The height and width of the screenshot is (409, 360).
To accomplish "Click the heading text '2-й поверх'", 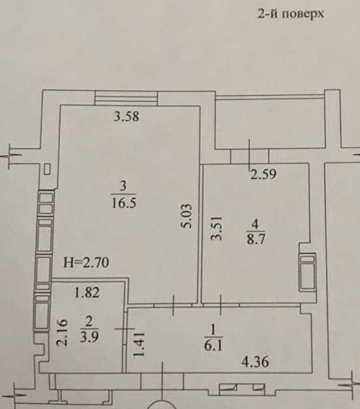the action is click(291, 13).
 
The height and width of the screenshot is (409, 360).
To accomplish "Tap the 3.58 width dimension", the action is click(127, 117).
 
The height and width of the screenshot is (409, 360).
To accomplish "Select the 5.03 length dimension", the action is click(187, 216).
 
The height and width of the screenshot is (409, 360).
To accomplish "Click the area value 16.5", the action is click(124, 203).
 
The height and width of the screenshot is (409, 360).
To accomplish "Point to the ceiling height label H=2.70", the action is click(86, 262).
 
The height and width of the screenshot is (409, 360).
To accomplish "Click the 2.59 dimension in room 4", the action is click(263, 174).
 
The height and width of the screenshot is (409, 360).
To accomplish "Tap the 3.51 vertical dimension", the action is click(217, 228).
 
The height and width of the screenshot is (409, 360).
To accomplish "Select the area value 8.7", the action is click(256, 239).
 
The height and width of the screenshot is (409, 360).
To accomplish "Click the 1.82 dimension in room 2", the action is click(87, 292).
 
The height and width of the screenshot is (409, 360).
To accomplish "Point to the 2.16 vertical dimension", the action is click(63, 333).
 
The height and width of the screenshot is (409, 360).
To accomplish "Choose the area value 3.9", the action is click(89, 337).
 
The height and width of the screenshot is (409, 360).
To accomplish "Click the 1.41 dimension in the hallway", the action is click(139, 344).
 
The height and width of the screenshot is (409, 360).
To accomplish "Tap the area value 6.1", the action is click(213, 346).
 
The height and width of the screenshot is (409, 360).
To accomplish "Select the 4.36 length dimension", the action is click(255, 363).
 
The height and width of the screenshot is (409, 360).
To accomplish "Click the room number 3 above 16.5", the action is click(124, 187).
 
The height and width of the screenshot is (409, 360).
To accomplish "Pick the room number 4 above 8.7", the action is click(256, 223).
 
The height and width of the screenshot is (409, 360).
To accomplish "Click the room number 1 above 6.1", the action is click(213, 330).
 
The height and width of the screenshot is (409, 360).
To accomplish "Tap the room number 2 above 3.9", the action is click(89, 322).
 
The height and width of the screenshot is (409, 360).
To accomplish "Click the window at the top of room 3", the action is click(126, 98).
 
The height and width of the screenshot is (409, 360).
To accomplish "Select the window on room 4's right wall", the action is click(308, 272).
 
